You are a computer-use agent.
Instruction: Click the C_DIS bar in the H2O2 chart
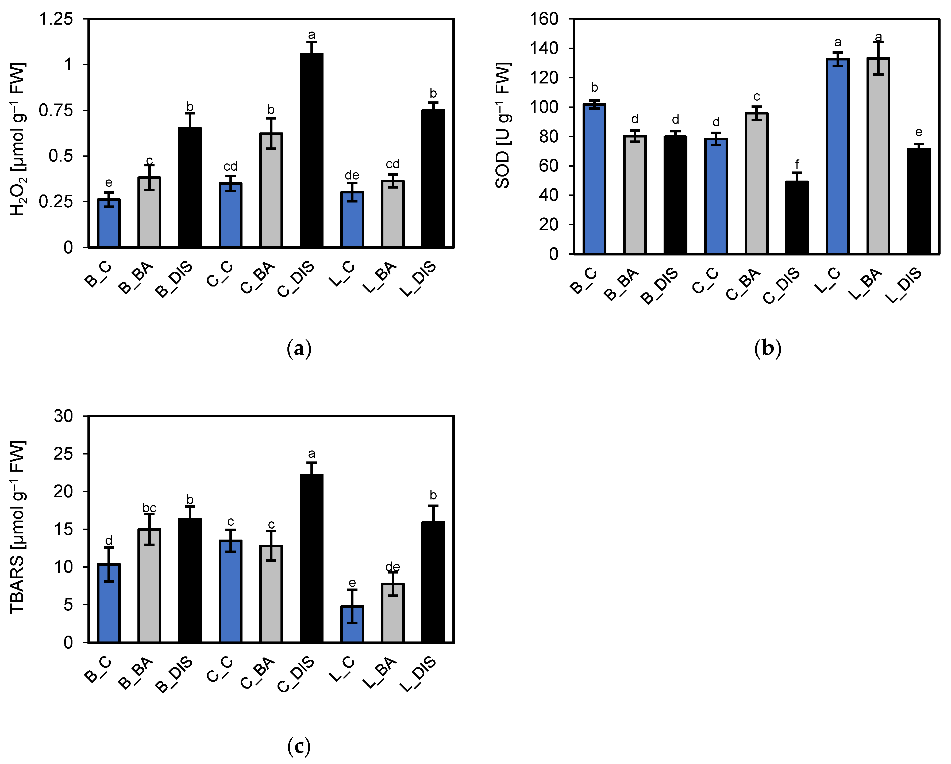click(311, 150)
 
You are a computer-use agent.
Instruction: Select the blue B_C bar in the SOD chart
click(594, 179)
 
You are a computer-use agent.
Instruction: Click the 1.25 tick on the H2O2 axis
click(56, 19)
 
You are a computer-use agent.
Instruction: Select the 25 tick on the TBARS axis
click(63, 454)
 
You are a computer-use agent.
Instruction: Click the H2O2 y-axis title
click(18, 139)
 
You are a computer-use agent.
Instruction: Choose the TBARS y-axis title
click(18, 526)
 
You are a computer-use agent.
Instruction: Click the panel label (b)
click(768, 348)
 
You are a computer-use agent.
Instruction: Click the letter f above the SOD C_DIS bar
click(797, 164)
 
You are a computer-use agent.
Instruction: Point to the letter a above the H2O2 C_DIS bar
click(311, 35)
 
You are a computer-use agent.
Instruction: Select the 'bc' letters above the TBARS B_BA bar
click(149, 508)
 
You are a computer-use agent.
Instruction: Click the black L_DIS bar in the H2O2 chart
click(433, 178)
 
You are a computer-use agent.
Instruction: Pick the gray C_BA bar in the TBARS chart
click(271, 594)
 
